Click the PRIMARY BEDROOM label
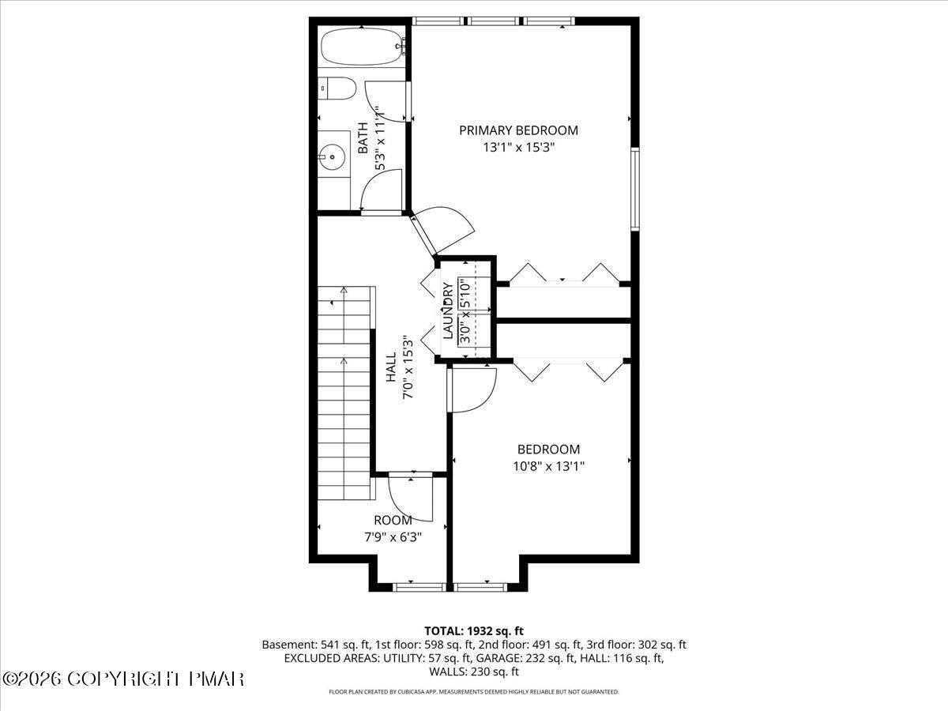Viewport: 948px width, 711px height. tap(518, 130)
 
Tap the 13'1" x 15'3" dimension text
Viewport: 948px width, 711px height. tap(518, 147)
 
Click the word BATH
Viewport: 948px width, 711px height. tap(363, 137)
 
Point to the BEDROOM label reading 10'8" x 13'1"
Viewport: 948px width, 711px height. tap(548, 450)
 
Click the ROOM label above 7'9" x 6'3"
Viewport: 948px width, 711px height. tap(393, 521)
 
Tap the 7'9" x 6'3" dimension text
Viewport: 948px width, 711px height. tap(393, 537)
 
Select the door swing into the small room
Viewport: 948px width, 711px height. tap(412, 498)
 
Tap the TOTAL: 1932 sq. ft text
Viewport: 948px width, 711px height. tap(474, 630)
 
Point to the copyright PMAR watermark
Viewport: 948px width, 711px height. tap(123, 679)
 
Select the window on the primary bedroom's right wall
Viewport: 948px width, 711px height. tap(634, 190)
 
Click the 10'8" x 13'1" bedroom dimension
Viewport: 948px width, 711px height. tap(548, 466)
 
